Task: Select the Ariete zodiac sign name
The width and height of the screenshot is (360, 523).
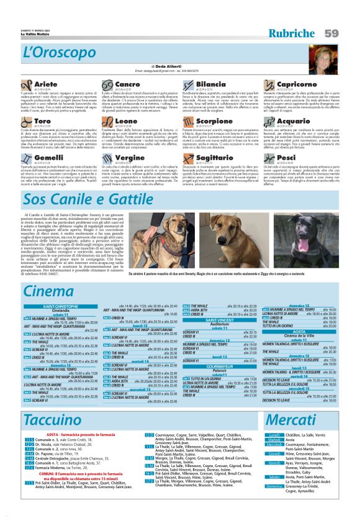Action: tap(46, 83)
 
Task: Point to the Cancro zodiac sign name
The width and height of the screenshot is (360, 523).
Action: tap(127, 83)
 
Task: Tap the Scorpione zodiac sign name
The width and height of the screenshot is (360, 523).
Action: tap(214, 121)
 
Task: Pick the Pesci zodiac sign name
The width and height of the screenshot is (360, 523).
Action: tap(286, 158)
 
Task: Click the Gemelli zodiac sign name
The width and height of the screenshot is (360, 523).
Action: tap(48, 158)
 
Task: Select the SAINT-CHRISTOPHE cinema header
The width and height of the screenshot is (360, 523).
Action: tap(61, 307)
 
